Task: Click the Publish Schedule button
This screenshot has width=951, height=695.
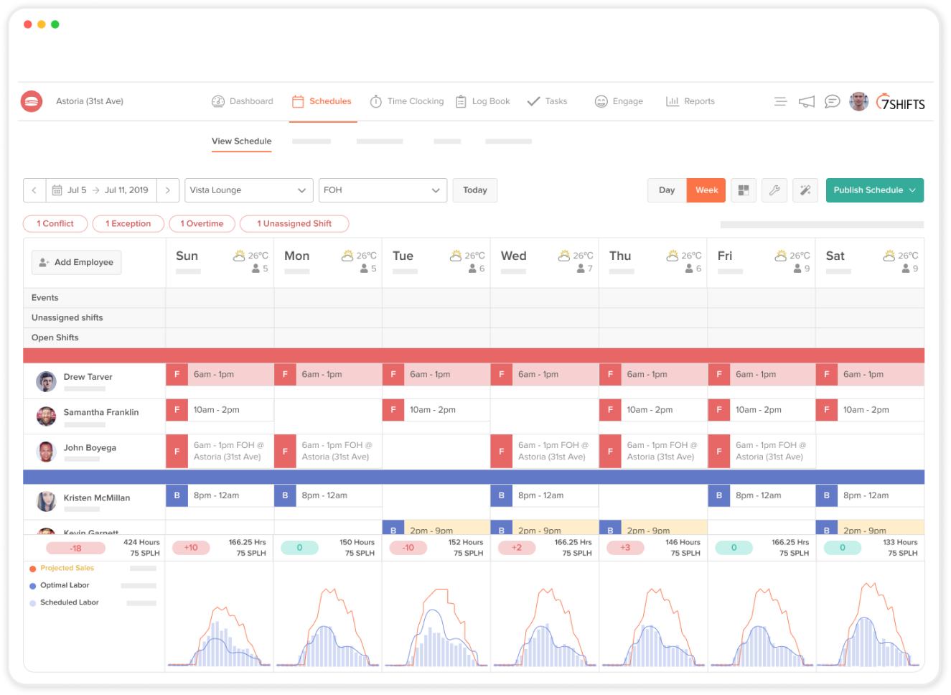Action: pyautogui.click(x=873, y=190)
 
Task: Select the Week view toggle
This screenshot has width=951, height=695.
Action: pyautogui.click(x=706, y=190)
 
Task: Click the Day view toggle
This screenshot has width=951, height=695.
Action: pyautogui.click(x=667, y=190)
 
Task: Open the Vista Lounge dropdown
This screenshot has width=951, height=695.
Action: pyautogui.click(x=248, y=190)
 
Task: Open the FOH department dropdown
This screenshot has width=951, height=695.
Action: pyautogui.click(x=383, y=190)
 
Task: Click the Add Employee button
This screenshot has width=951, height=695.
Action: pyautogui.click(x=77, y=262)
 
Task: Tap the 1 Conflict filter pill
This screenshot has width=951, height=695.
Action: pyautogui.click(x=55, y=224)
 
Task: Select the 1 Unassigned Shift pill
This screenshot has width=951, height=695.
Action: pyautogui.click(x=294, y=224)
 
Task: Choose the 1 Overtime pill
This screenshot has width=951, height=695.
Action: pyautogui.click(x=202, y=224)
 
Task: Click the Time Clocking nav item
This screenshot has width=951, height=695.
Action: pyautogui.click(x=407, y=101)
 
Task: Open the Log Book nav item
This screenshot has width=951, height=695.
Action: pyautogui.click(x=483, y=101)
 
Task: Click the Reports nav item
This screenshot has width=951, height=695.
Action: pyautogui.click(x=690, y=101)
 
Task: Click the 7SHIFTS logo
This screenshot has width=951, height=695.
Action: pyautogui.click(x=901, y=103)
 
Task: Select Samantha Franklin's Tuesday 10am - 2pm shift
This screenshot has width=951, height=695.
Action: pyautogui.click(x=436, y=410)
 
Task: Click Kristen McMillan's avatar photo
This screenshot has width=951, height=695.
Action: pyautogui.click(x=47, y=501)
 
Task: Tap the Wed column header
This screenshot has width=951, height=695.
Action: pyautogui.click(x=514, y=256)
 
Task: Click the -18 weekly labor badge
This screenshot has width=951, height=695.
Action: pyautogui.click(x=75, y=549)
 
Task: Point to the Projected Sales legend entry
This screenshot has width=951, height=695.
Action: pyautogui.click(x=67, y=568)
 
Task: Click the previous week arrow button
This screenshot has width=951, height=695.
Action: pyautogui.click(x=34, y=190)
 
